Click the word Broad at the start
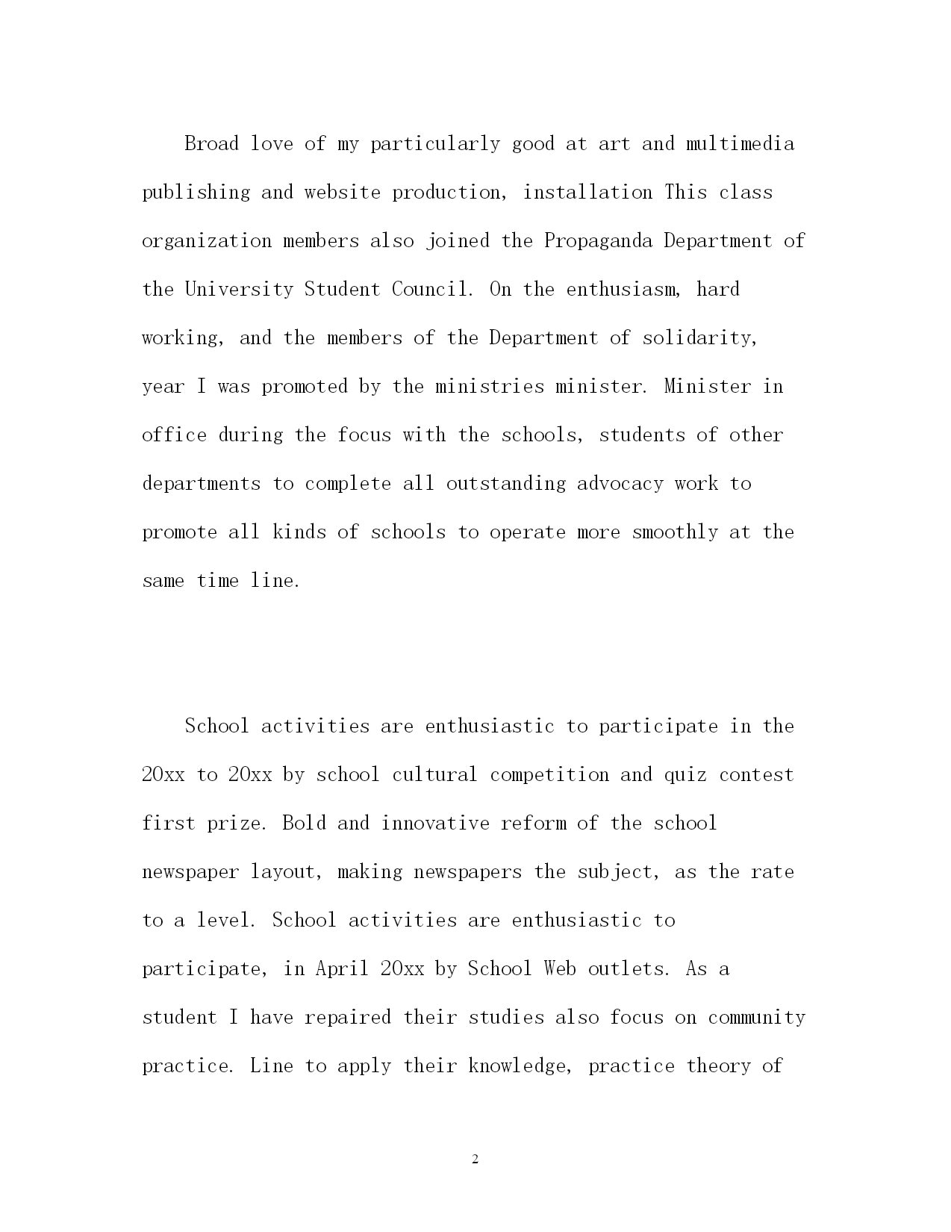[x=211, y=143]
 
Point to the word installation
[x=587, y=192]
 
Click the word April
[x=342, y=969]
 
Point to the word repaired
[x=348, y=1018]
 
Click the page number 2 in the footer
[x=475, y=1159]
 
